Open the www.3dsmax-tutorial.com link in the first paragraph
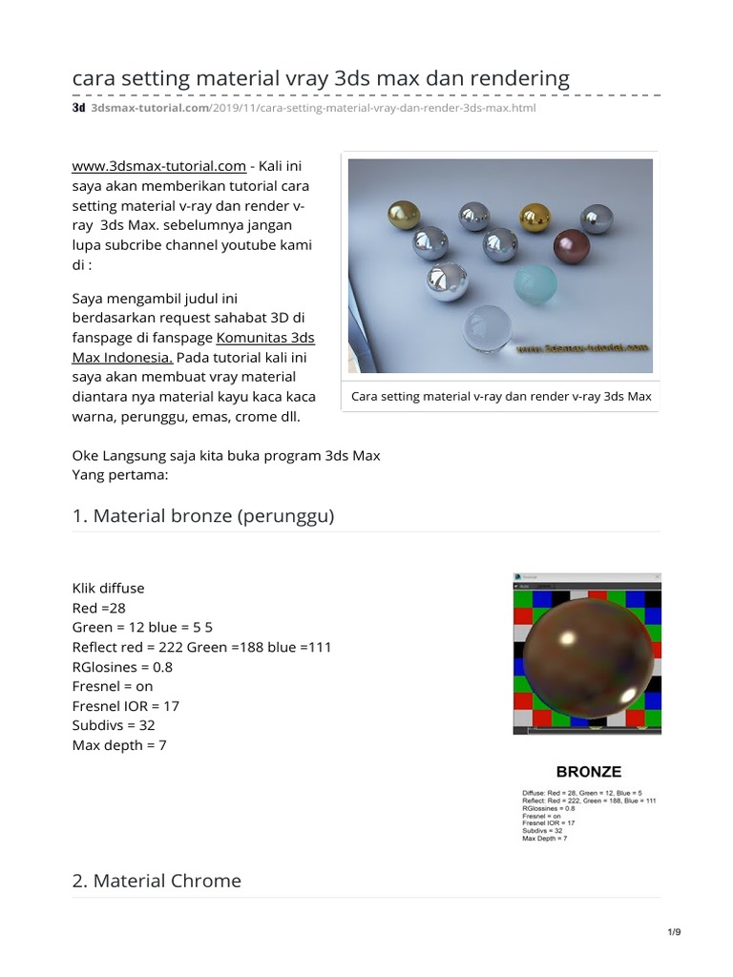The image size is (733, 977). (x=158, y=166)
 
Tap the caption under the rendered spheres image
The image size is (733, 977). (x=501, y=396)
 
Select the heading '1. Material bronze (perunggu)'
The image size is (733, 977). (x=203, y=516)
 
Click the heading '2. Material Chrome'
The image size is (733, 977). (x=157, y=881)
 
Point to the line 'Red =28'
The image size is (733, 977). (x=99, y=608)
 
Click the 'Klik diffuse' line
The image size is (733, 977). (x=109, y=588)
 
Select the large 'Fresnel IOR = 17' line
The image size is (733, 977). (x=126, y=706)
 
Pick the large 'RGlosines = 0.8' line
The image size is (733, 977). (x=122, y=667)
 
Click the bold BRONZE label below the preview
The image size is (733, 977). (x=588, y=772)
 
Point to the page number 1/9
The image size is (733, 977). (x=674, y=932)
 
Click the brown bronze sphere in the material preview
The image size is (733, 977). (x=586, y=658)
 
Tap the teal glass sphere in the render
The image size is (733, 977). (x=534, y=283)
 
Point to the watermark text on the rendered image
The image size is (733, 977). (x=582, y=349)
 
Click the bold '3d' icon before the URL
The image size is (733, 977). (x=79, y=109)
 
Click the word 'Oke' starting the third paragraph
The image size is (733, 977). (x=86, y=455)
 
